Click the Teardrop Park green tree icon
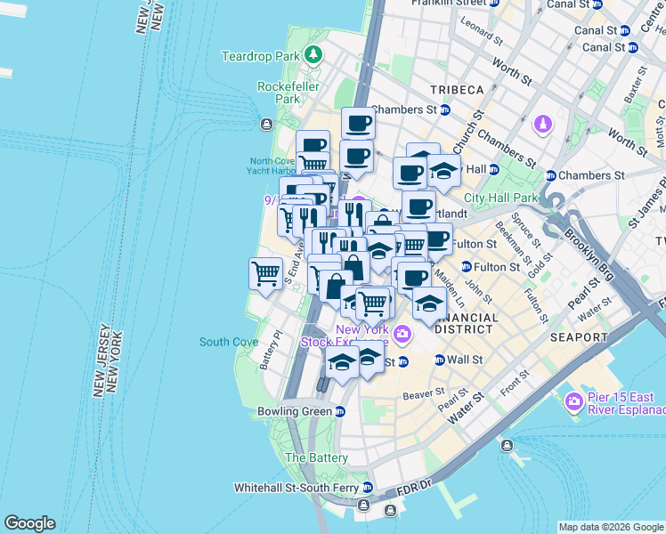click(313, 56)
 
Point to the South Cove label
click(216, 342)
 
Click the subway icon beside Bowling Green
click(340, 411)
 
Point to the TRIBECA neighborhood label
click(457, 90)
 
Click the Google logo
click(29, 523)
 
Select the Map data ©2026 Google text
click(610, 527)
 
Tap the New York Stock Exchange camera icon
click(402, 335)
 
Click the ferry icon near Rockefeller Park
click(265, 124)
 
